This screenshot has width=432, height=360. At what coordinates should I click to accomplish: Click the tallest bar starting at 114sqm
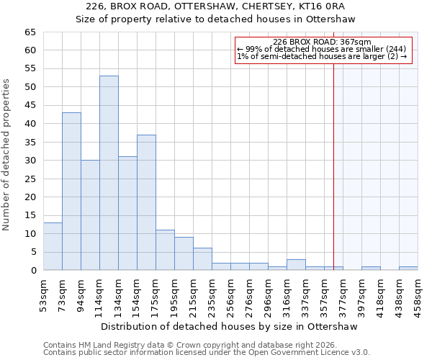tap(109, 173)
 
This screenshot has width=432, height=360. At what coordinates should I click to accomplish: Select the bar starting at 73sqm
tap(71, 191)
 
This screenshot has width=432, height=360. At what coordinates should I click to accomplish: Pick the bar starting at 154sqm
tap(146, 202)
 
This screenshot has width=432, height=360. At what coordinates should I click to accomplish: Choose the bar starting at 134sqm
tap(127, 213)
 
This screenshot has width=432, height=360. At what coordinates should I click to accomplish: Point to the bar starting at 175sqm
tap(165, 250)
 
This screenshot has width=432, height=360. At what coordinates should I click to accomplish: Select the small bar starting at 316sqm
tap(296, 265)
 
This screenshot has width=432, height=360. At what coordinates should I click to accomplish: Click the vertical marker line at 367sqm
tap(333, 158)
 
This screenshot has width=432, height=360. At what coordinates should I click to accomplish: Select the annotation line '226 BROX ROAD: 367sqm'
tap(322, 42)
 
